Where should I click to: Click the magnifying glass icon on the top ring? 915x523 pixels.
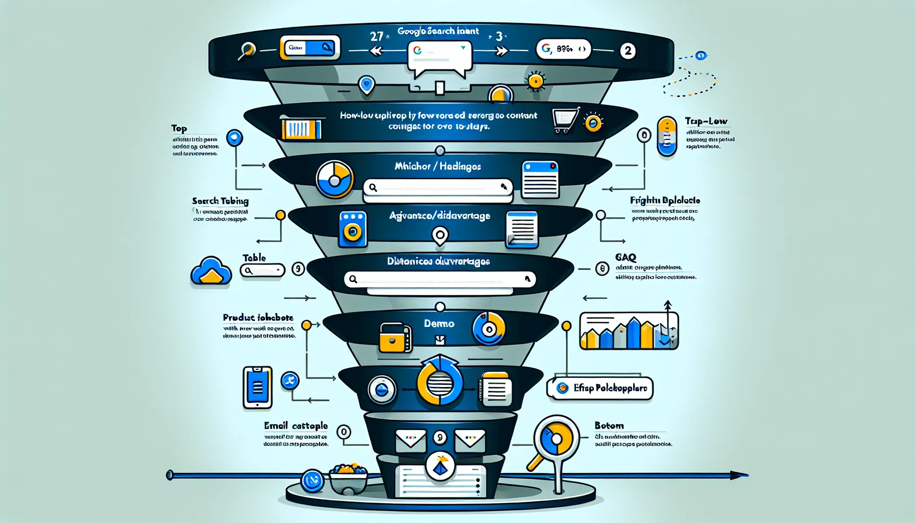[x=247, y=50]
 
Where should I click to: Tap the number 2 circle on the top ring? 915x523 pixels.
[x=628, y=51]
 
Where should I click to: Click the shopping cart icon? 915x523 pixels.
[x=565, y=120]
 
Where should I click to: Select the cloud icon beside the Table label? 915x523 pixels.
[x=211, y=271]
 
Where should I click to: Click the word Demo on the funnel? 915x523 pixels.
[x=439, y=323]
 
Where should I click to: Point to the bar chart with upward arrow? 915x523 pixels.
[x=629, y=330]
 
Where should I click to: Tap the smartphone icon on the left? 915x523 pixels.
[x=257, y=388]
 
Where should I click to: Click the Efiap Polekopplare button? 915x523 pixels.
[x=600, y=388]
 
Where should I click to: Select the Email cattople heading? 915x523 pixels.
[x=296, y=425]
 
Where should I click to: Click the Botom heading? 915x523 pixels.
[x=609, y=425]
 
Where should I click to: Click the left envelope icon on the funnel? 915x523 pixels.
[x=411, y=441]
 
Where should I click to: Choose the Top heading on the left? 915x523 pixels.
[x=179, y=128]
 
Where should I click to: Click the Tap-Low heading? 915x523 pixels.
[x=706, y=121]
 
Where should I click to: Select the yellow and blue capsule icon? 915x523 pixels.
[x=667, y=136]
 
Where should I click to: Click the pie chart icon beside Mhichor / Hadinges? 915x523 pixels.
[x=334, y=179]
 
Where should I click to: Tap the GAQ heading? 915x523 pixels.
[x=625, y=257]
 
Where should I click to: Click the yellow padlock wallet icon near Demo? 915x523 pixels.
[x=395, y=338]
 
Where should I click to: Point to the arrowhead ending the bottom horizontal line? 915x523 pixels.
[x=739, y=476]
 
